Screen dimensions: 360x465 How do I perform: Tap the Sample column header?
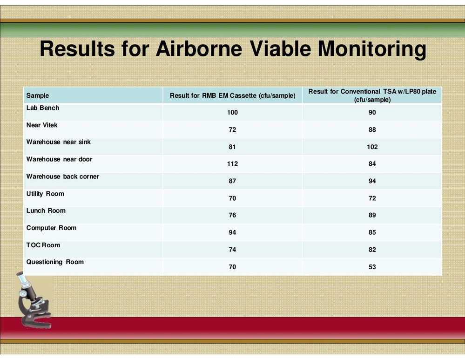[38, 95]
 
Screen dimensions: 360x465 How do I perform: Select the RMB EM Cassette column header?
[232, 95]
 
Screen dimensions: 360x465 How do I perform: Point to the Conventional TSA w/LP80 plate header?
[372, 95]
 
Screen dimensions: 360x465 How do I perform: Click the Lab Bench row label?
[43, 108]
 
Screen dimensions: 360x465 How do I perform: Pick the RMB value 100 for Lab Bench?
[232, 113]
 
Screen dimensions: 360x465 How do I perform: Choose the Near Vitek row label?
[42, 125]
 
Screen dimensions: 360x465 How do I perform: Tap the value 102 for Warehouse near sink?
[372, 147]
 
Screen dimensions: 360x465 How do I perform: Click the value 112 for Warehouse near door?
[232, 164]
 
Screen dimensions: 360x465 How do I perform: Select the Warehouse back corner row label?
[62, 177]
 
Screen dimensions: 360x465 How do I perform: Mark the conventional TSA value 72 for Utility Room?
[372, 198]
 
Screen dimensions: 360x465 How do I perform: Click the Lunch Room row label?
[46, 211]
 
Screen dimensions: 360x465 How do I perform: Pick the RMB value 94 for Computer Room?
[232, 232]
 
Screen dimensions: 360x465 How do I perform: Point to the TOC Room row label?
[43, 245]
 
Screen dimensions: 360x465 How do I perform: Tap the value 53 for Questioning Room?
[372, 267]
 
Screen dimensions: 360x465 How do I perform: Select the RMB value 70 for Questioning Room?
[232, 267]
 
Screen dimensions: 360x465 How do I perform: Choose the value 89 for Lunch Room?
[372, 215]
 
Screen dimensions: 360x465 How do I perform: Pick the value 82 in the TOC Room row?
[372, 250]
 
